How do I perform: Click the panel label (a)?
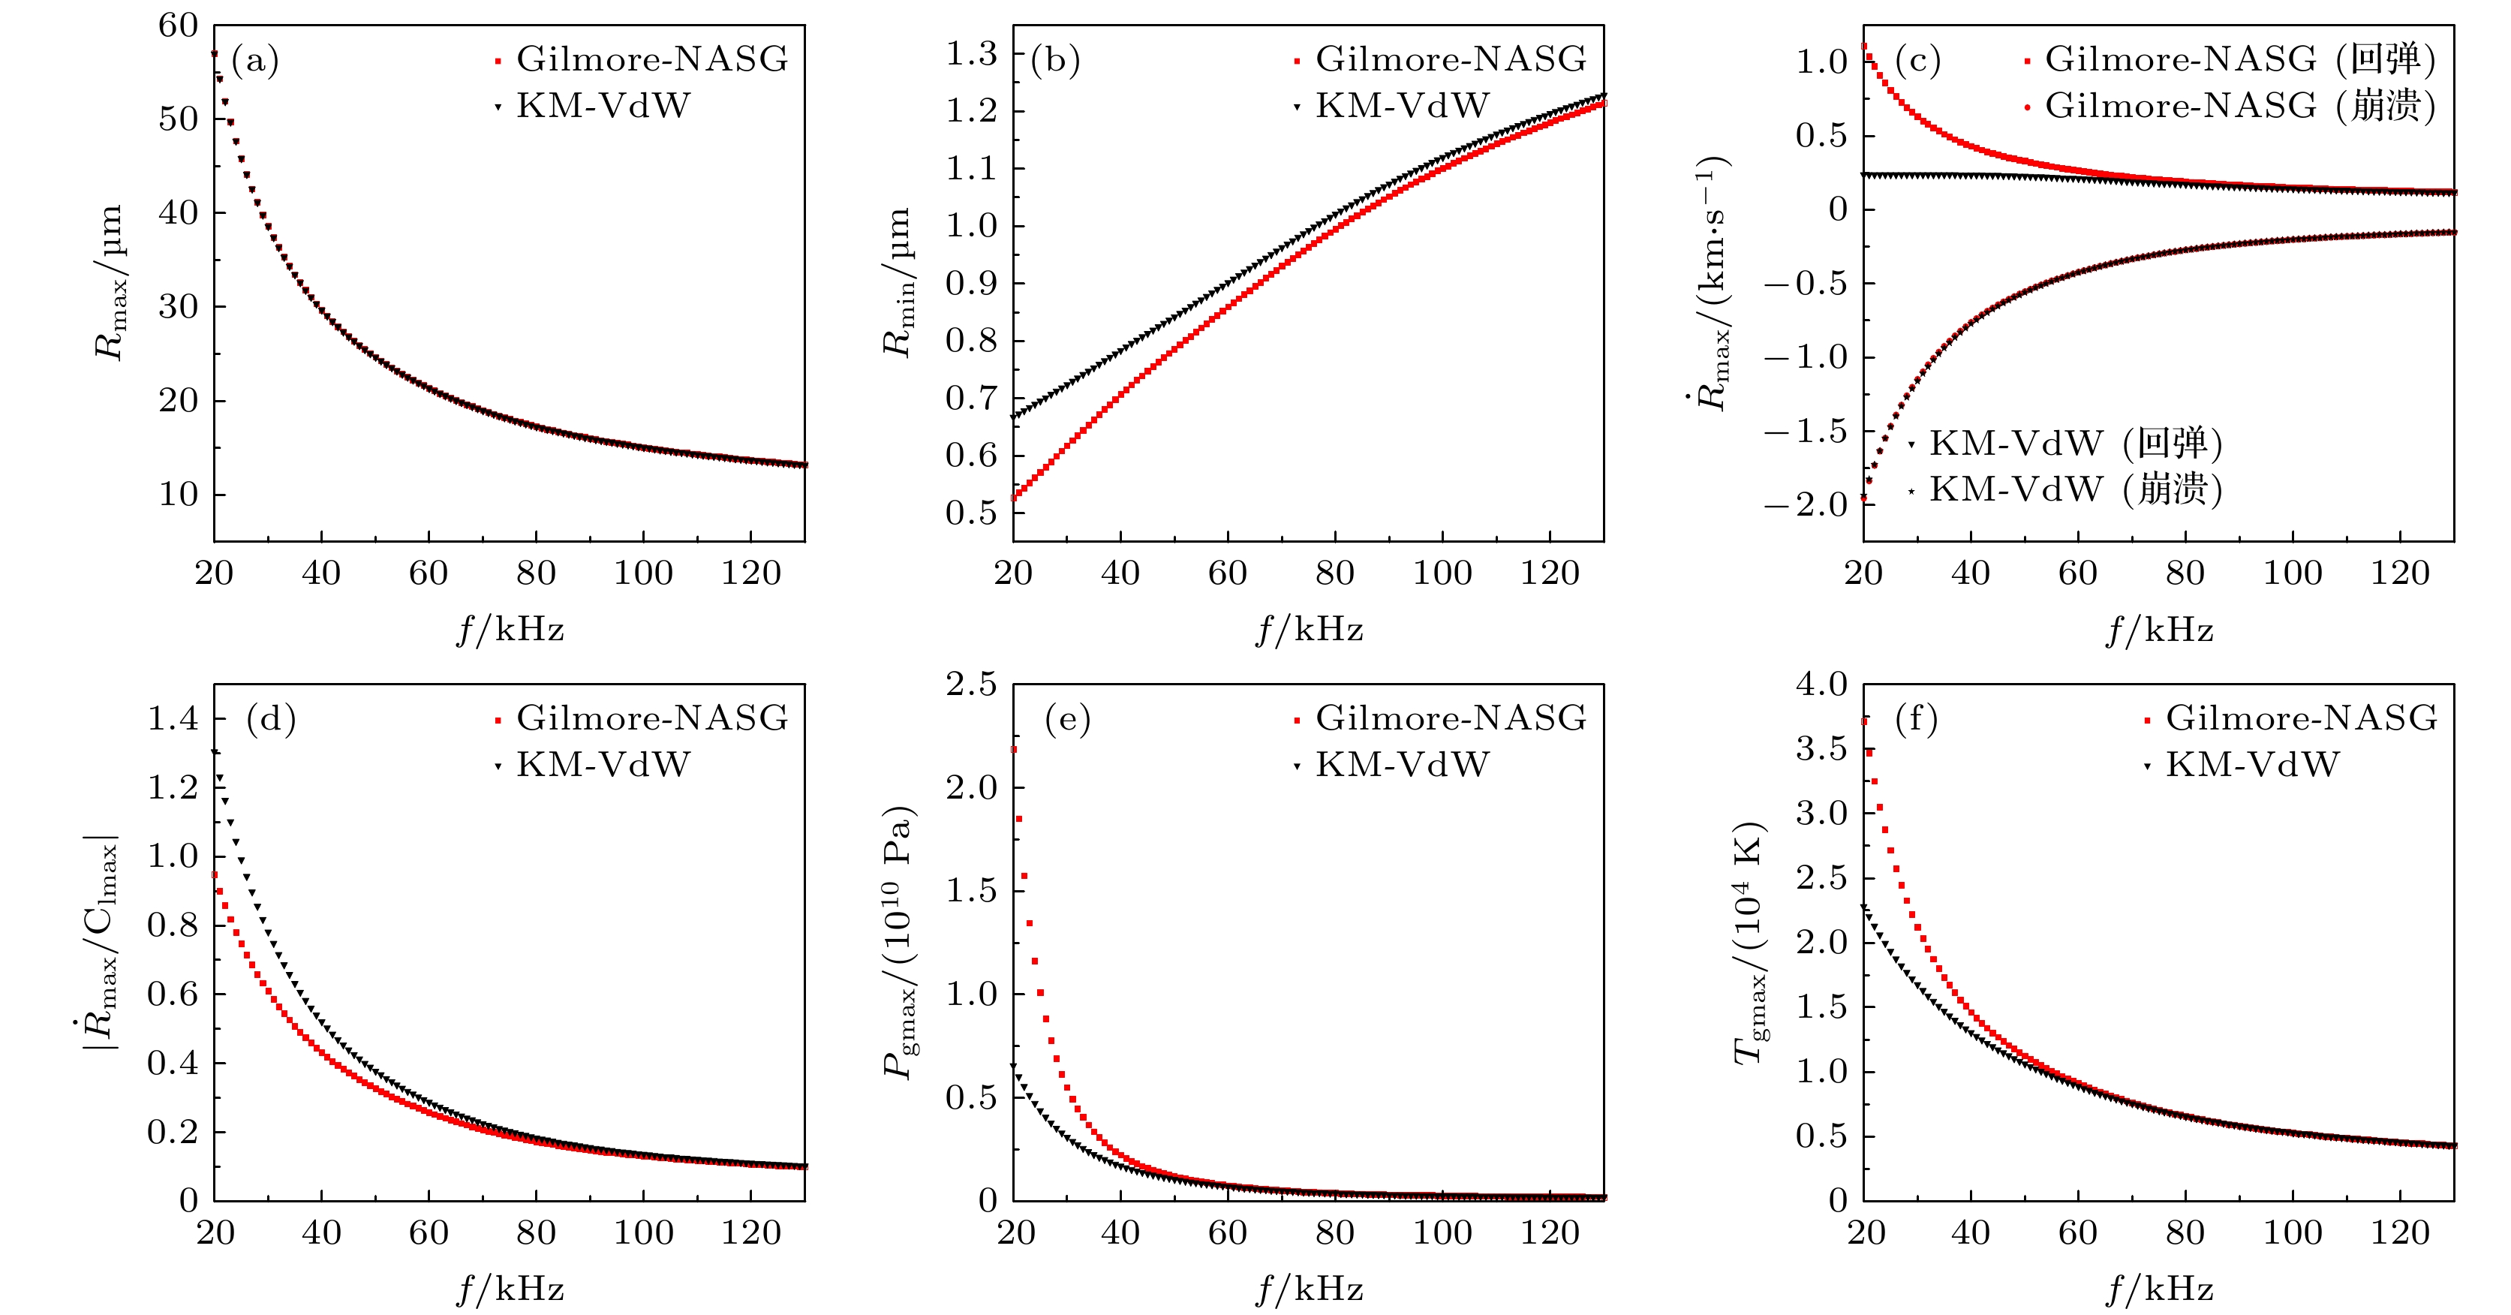coord(255,61)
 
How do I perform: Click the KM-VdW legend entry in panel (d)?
coord(603,764)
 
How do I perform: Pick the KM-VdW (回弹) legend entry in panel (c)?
coord(2075,444)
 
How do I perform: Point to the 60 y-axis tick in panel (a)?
coord(179,26)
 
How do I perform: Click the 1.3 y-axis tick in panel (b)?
coord(971,53)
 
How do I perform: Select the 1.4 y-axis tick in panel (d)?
coord(173,718)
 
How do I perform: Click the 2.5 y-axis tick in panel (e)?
coord(971,685)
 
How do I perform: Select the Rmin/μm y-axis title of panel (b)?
coord(898,283)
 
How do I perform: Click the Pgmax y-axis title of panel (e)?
coord(898,942)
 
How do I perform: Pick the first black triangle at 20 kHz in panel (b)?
coord(1014,417)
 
